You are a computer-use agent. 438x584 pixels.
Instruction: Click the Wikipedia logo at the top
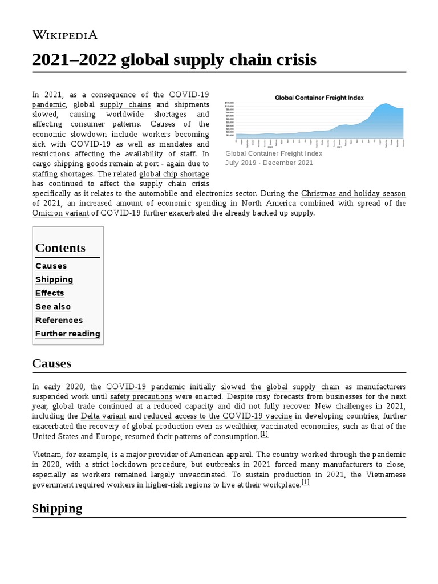click(65, 35)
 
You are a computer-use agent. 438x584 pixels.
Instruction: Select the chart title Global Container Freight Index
click(319, 98)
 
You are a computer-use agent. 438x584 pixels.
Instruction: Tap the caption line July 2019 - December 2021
click(269, 163)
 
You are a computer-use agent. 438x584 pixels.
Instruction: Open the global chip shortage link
click(174, 174)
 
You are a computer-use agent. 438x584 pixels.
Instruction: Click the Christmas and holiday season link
click(354, 193)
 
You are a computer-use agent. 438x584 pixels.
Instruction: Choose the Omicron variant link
click(60, 213)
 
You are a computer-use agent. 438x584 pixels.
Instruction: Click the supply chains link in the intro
click(125, 104)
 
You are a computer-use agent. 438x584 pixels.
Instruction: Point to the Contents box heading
click(60, 248)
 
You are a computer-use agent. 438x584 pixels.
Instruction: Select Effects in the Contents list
click(50, 293)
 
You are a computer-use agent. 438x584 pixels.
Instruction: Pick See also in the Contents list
click(53, 307)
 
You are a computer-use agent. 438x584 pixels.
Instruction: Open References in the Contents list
click(59, 320)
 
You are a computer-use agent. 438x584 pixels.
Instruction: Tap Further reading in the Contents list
click(67, 334)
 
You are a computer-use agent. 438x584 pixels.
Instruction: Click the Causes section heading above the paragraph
click(51, 364)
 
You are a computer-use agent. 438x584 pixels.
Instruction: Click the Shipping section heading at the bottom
click(57, 508)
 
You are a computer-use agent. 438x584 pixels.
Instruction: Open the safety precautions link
click(141, 396)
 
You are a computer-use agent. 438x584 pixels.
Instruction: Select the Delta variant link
click(103, 416)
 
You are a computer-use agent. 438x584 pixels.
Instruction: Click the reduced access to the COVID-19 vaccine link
click(218, 416)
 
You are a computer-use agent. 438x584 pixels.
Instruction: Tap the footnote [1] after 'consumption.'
click(264, 434)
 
